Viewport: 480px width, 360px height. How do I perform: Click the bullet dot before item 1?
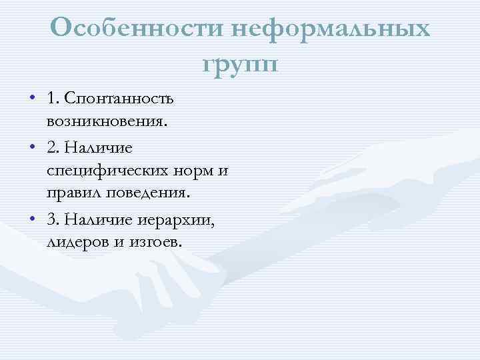tap(33, 99)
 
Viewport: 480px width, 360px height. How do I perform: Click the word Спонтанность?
tap(119, 99)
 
